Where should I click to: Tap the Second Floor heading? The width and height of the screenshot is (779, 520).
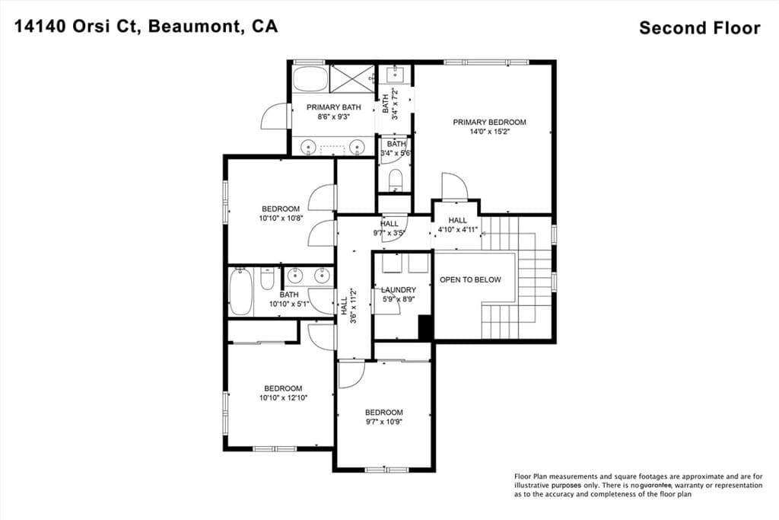pyautogui.click(x=699, y=28)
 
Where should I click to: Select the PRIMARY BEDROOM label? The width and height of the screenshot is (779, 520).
pyautogui.click(x=489, y=122)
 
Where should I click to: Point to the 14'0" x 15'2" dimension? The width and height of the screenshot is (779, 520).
pyautogui.click(x=489, y=132)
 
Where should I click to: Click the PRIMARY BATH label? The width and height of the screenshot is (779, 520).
pyautogui.click(x=333, y=107)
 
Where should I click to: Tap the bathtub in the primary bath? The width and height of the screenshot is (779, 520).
pyautogui.click(x=310, y=79)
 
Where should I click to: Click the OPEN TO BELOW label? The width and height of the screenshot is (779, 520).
pyautogui.click(x=470, y=279)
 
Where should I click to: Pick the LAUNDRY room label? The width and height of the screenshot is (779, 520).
pyautogui.click(x=399, y=290)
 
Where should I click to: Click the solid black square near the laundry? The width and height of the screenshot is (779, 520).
pyautogui.click(x=425, y=327)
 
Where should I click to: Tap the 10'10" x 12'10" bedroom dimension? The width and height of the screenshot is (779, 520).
pyautogui.click(x=282, y=397)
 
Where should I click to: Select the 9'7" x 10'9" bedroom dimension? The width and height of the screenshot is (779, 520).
pyautogui.click(x=383, y=422)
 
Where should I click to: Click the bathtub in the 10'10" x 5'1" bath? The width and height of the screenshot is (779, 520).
pyautogui.click(x=241, y=292)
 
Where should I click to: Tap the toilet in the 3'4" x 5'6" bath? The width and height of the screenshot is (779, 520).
pyautogui.click(x=395, y=180)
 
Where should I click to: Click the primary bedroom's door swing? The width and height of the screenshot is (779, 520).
pyautogui.click(x=454, y=187)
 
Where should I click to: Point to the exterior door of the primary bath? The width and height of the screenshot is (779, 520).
pyautogui.click(x=275, y=118)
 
